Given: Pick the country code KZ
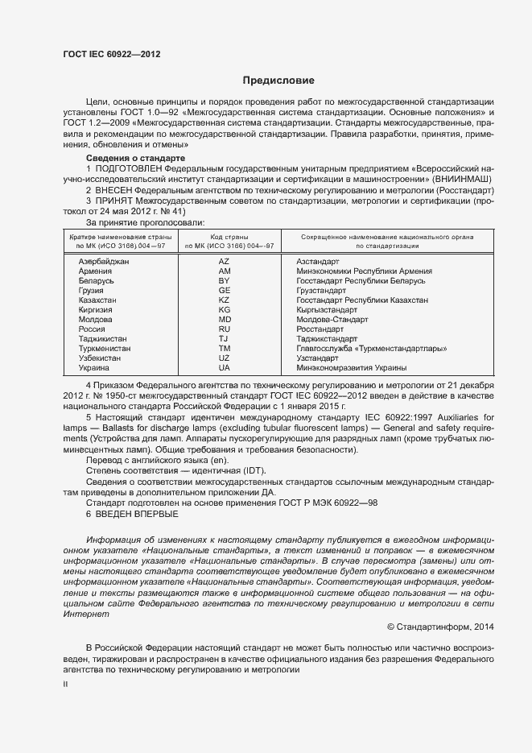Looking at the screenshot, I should (225, 300).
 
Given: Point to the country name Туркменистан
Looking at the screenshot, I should (104, 349).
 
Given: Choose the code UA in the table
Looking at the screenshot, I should (225, 368).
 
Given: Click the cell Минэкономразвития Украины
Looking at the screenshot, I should (351, 368).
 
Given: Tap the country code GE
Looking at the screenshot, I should (225, 291).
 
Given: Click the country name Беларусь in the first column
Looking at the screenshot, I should (97, 281).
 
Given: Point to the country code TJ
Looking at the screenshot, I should (225, 339).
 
